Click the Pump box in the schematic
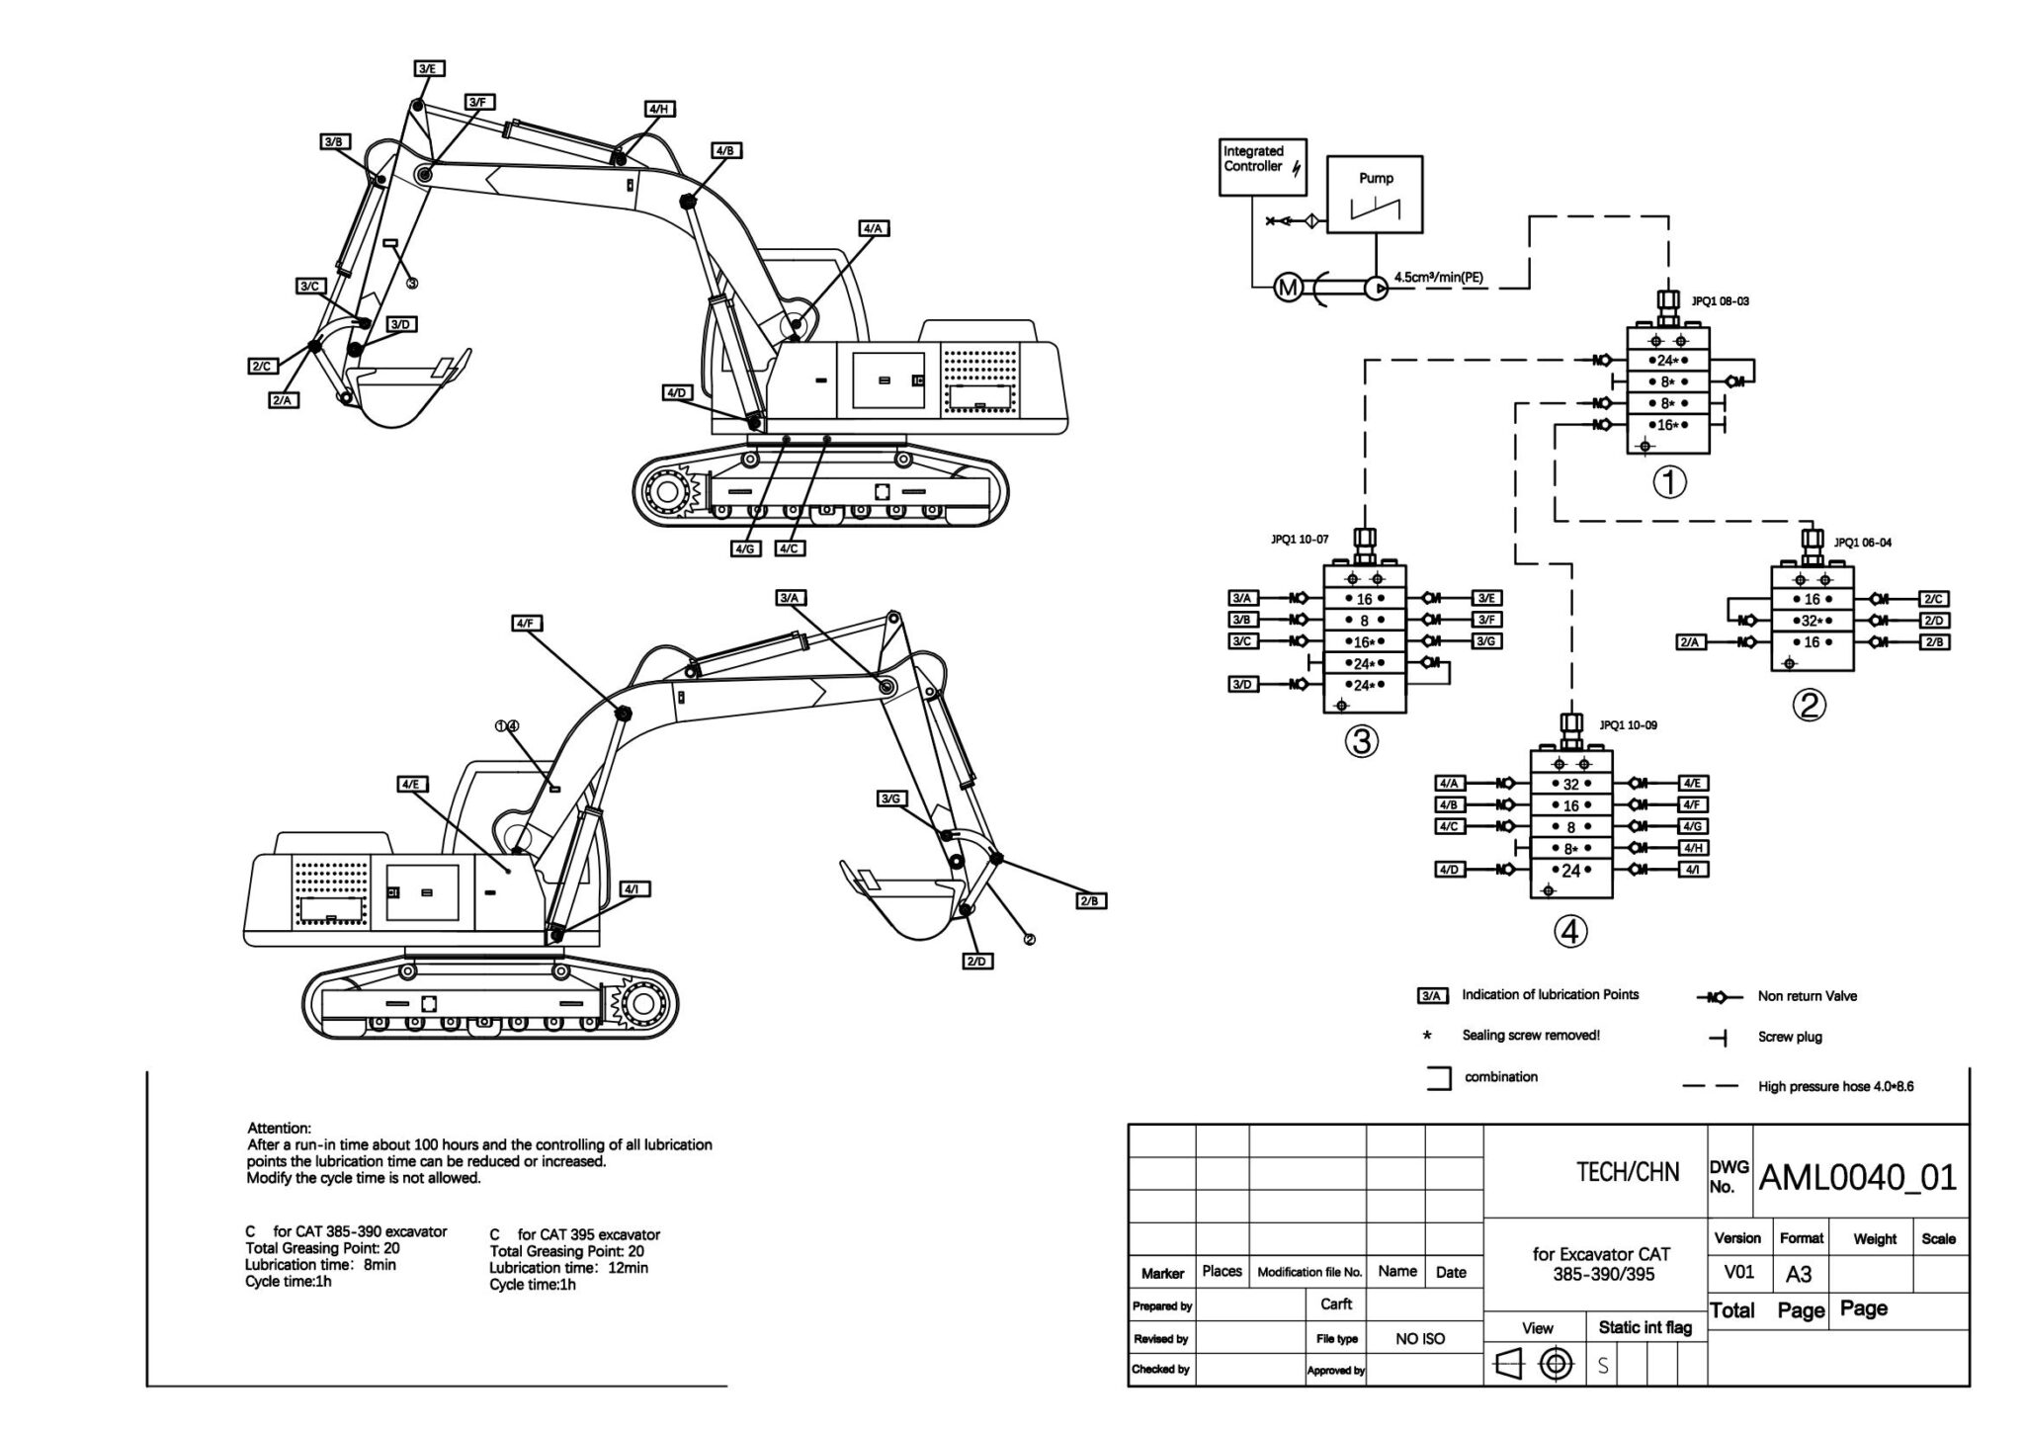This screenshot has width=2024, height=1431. coord(1374,195)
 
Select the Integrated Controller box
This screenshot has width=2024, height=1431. coord(1262,166)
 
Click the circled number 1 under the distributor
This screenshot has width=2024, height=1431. coord(1669,483)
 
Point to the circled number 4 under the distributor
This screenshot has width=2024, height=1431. coord(1570,931)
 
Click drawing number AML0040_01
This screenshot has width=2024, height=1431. coord(1858,1178)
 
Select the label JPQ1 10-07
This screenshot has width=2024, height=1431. coord(1300,540)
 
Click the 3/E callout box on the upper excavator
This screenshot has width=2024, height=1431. coord(428,68)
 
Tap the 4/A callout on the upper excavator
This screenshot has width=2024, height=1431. coord(873,228)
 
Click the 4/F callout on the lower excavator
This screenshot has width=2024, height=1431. coord(527,624)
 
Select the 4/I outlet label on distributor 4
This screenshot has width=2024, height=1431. coord(1693,870)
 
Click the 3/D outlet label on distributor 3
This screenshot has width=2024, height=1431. coord(1241,685)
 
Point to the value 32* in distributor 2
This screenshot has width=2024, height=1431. coord(1811,622)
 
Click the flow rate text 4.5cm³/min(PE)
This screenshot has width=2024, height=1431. coord(1438,278)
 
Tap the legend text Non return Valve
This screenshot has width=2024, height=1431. coord(1807,996)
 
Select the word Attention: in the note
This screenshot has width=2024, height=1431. coord(279,1128)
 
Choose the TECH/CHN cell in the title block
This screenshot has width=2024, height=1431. coord(1627,1173)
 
